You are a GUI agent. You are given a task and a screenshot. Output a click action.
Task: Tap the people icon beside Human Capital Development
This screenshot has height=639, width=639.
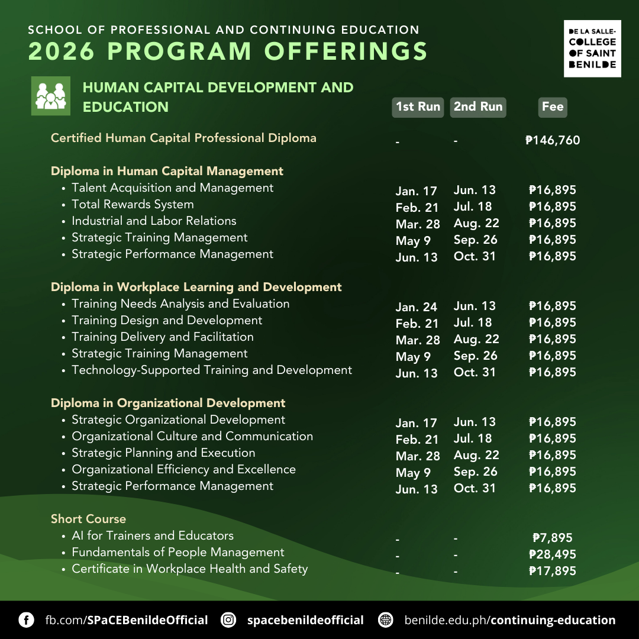pyautogui.click(x=50, y=96)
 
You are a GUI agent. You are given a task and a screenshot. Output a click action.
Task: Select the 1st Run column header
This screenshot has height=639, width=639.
pyautogui.click(x=418, y=107)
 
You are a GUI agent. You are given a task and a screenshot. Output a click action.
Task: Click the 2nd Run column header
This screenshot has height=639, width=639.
pyautogui.click(x=478, y=107)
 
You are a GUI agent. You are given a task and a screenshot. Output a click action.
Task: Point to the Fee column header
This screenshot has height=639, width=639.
pyautogui.click(x=553, y=107)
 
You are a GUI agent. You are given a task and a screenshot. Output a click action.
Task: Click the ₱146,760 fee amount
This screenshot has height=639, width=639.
pyautogui.click(x=553, y=140)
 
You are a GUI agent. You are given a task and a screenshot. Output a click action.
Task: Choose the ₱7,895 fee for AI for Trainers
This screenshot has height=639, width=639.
pyautogui.click(x=553, y=538)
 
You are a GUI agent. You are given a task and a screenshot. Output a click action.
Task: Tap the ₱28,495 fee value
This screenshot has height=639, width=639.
pyautogui.click(x=553, y=554)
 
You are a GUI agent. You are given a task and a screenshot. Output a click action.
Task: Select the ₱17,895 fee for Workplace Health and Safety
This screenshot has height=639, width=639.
pyautogui.click(x=553, y=571)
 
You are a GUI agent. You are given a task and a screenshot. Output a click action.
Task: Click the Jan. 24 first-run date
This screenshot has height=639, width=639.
pyautogui.click(x=417, y=307)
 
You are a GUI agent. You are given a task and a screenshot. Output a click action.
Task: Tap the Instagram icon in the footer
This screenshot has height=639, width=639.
pyautogui.click(x=228, y=620)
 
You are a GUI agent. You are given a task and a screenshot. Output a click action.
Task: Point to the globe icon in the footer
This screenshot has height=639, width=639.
pyautogui.click(x=386, y=620)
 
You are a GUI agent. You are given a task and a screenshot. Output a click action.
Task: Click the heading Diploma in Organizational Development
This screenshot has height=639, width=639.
pyautogui.click(x=168, y=403)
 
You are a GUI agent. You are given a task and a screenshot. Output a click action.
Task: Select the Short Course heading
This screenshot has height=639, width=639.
pyautogui.click(x=88, y=519)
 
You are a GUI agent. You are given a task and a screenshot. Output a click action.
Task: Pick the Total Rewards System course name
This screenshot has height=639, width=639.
pyautogui.click(x=133, y=204)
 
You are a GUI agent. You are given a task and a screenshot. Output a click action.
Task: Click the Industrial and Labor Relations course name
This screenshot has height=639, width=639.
pyautogui.click(x=154, y=221)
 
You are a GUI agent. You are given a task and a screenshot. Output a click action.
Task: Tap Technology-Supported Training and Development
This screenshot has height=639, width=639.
pyautogui.click(x=212, y=370)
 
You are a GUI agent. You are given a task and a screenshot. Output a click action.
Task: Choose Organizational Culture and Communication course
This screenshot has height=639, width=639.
pyautogui.click(x=192, y=436)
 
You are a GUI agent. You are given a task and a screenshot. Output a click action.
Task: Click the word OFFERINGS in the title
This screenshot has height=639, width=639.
pyautogui.click(x=346, y=51)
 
